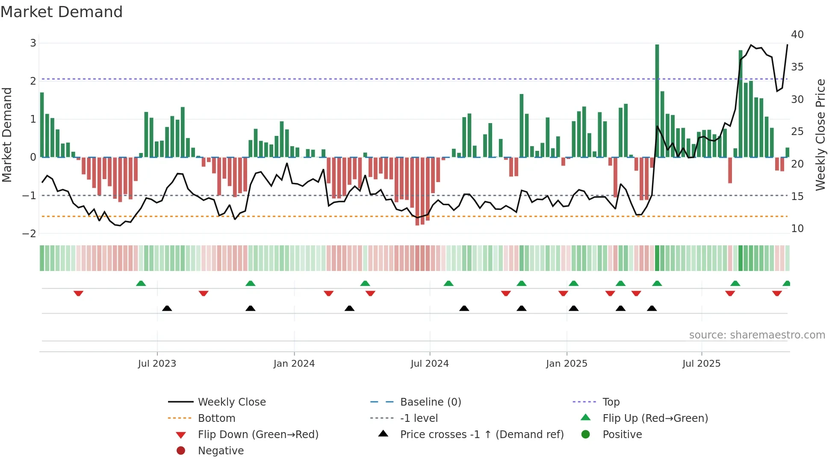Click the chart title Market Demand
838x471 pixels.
62,12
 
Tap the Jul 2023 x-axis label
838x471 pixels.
157,364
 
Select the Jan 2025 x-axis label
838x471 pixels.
567,364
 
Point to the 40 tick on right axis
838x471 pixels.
797,35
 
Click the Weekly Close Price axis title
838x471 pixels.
820,135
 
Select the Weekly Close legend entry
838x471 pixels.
231,402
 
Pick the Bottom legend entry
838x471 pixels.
216,418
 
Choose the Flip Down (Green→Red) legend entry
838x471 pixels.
258,435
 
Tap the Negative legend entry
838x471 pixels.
221,451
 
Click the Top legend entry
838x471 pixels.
611,402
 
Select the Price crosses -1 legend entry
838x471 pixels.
481,435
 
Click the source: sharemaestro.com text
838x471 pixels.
757,335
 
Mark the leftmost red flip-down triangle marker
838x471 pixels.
78,293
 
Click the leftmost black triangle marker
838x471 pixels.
167,308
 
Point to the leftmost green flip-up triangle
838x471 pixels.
141,283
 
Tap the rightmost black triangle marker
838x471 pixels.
652,308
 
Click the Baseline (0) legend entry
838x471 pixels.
430,402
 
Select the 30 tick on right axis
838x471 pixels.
797,100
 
